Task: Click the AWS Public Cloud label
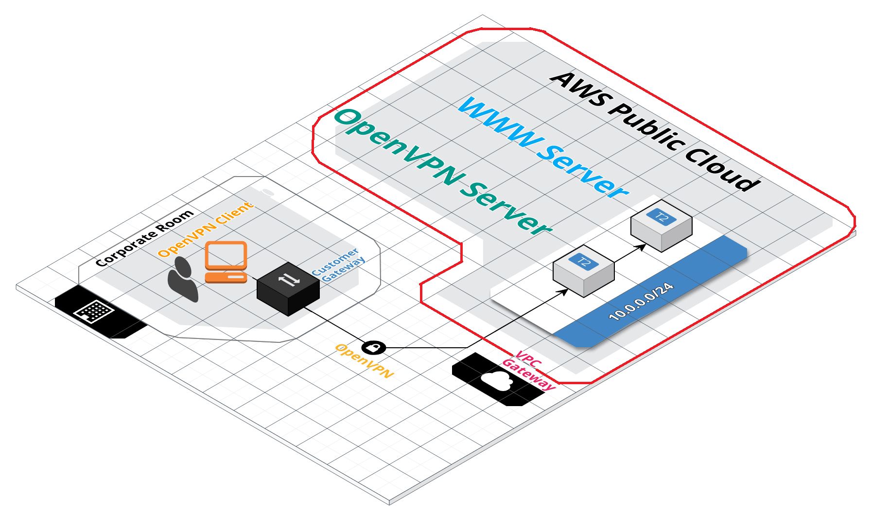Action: tap(655, 131)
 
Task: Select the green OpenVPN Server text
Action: tap(443, 172)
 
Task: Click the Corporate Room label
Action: tap(144, 238)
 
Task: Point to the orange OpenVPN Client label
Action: tap(206, 229)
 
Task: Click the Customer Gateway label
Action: tap(338, 265)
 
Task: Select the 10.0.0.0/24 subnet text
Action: tap(641, 302)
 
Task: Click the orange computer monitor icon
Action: tap(226, 255)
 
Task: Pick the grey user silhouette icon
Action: tap(183, 279)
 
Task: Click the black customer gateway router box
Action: tap(288, 289)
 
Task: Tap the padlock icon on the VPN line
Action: tap(374, 348)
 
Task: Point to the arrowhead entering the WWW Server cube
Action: tap(642, 247)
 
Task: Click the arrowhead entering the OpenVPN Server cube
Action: tap(564, 292)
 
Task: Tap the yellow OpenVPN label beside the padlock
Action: tap(365, 361)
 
